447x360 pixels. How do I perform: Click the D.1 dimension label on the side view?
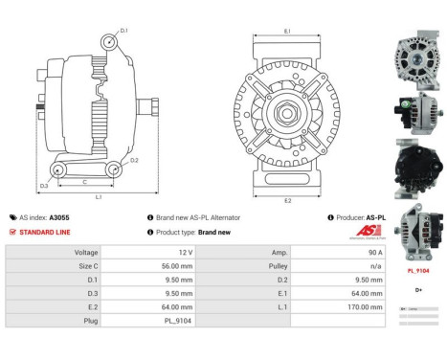click(x=123, y=31)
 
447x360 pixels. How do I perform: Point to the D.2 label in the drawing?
click(x=135, y=160)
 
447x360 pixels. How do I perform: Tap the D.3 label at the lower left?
click(x=44, y=185)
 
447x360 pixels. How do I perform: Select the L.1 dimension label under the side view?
click(x=99, y=197)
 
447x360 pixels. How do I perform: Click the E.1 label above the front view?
click(x=287, y=31)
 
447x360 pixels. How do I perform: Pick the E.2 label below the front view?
click(x=287, y=200)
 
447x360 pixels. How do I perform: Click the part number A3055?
click(x=60, y=217)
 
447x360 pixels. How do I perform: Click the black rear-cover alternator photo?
click(x=416, y=166)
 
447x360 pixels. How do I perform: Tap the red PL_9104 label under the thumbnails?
click(x=417, y=271)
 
